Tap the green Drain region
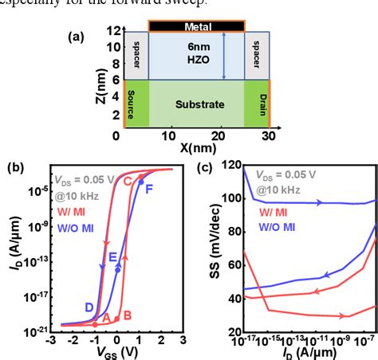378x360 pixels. (257, 104)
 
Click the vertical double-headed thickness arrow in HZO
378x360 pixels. (226, 55)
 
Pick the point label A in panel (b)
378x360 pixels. (106, 316)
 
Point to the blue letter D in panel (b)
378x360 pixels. (89, 307)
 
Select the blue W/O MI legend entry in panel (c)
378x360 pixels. (278, 227)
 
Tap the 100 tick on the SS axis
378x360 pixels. (226, 198)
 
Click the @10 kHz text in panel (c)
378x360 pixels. (280, 190)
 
